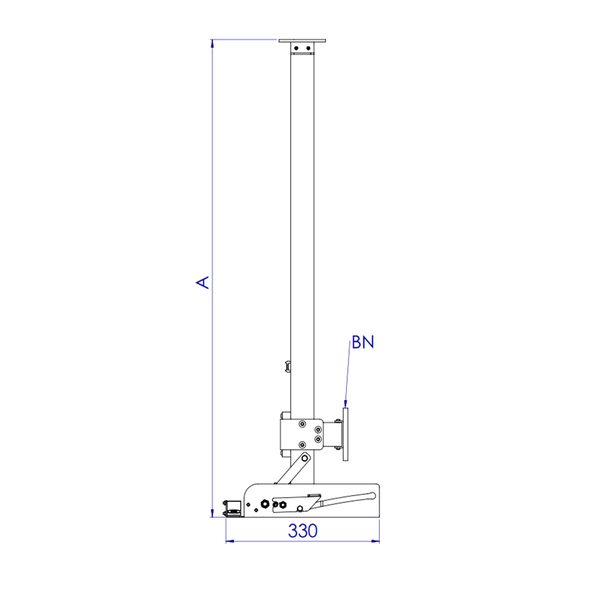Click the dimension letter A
point(203,282)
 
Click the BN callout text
point(363,342)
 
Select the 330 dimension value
point(303,531)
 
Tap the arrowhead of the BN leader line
point(345,404)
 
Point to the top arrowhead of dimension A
point(212,43)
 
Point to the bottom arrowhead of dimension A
point(212,513)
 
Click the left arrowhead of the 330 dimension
point(230,541)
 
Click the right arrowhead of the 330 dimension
point(375,541)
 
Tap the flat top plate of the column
point(302,41)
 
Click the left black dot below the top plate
point(297,48)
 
